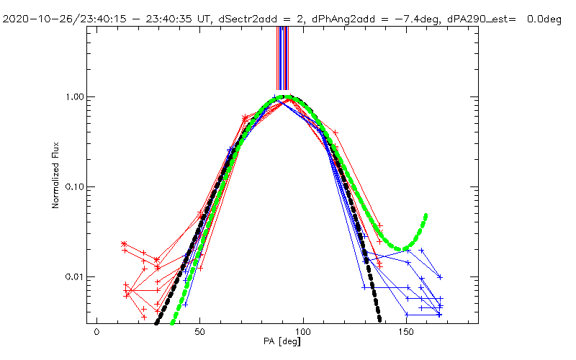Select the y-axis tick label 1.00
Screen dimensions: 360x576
pyautogui.click(x=76, y=97)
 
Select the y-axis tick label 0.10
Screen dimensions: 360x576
pyautogui.click(x=76, y=187)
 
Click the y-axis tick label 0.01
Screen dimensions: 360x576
pyautogui.click(x=76, y=277)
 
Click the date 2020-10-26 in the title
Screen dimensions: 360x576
pyautogui.click(x=35, y=19)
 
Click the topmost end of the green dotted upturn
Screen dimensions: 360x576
pyautogui.click(x=426, y=215)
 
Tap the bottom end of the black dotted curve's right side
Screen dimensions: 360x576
pyautogui.click(x=378, y=319)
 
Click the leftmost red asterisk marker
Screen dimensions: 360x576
pyautogui.click(x=124, y=245)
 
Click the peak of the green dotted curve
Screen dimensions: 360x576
pyautogui.click(x=286, y=97)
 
